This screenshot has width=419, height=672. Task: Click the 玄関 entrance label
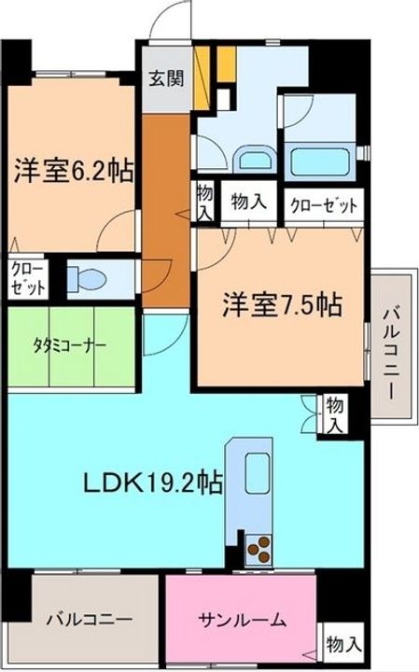pyautogui.click(x=166, y=78)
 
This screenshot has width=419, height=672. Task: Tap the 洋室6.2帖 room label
pyautogui.click(x=74, y=171)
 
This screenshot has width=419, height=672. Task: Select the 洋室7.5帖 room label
pyautogui.click(x=282, y=304)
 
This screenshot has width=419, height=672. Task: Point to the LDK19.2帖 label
pyautogui.click(x=152, y=483)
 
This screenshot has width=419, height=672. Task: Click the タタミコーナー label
pyautogui.click(x=69, y=345)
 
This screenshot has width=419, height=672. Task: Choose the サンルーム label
pyautogui.click(x=242, y=620)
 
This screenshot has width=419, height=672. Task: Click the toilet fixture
pyautogui.click(x=87, y=279)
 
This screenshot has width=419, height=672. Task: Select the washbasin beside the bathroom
pyautogui.click(x=254, y=160)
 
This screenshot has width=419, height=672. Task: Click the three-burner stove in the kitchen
pyautogui.click(x=258, y=549)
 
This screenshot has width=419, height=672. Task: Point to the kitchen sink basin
pyautogui.click(x=257, y=472)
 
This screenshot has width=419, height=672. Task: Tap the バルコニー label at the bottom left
pyautogui.click(x=90, y=619)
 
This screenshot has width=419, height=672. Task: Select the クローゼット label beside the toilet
pyautogui.click(x=28, y=279)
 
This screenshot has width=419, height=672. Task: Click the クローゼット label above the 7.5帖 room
pyautogui.click(x=324, y=205)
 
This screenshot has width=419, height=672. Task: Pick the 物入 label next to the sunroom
pyautogui.click(x=344, y=644)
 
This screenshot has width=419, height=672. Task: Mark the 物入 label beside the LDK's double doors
pyautogui.click(x=335, y=414)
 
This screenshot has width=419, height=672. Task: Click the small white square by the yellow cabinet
pyautogui.click(x=224, y=100)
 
